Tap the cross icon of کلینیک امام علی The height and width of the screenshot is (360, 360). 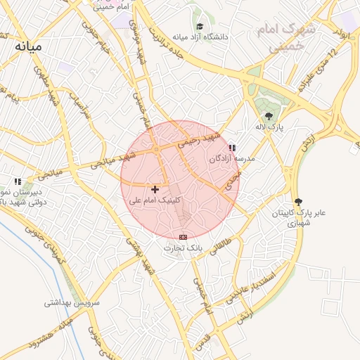click(155, 189)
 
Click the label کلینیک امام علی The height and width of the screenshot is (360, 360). click(155, 200)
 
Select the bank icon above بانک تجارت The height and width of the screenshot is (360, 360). click(184, 237)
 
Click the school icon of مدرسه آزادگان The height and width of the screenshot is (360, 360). click(232, 148)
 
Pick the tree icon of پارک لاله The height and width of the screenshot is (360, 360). click(268, 116)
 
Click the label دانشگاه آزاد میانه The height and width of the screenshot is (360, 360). click(215, 37)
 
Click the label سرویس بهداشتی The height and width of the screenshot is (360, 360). click(74, 303)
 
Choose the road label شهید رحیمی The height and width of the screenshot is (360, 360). click(199, 139)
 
